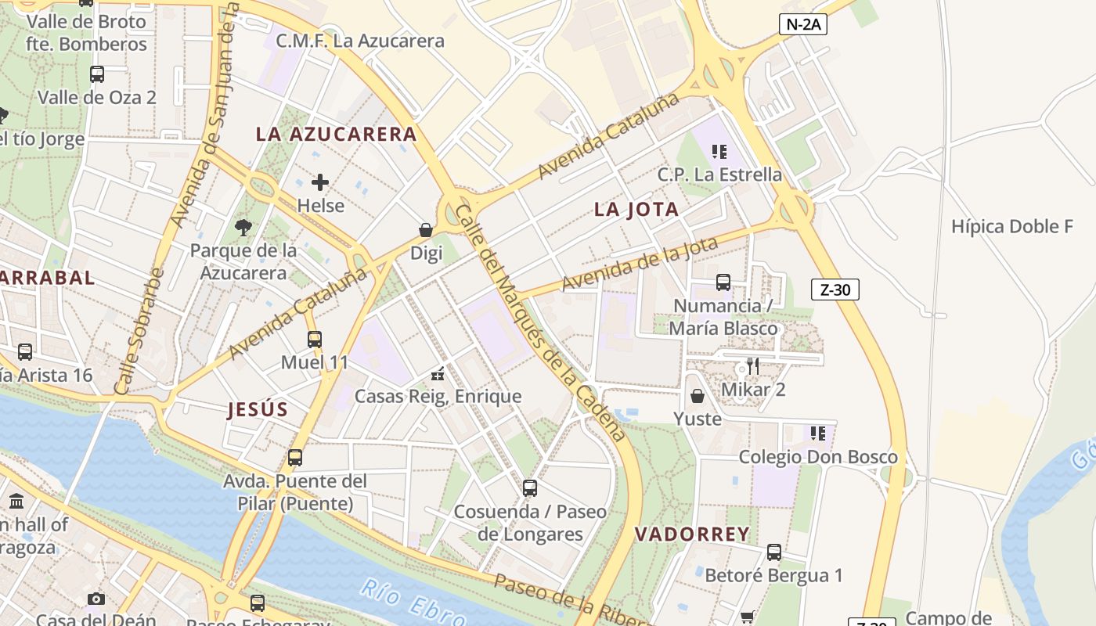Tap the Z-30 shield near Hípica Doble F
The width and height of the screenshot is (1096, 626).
point(835,290)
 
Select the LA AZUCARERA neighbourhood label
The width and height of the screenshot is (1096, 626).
point(336,134)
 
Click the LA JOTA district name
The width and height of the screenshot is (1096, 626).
point(636,210)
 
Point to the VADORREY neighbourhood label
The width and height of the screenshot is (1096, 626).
point(691,534)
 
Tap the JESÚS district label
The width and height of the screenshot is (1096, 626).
point(258,409)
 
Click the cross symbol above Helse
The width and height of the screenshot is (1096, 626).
point(320,182)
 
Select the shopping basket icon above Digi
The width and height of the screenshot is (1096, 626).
point(426,230)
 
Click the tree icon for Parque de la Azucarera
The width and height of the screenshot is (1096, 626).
point(243,228)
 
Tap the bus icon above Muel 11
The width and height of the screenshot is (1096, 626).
point(315,340)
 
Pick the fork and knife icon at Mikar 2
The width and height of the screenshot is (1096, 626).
point(752,366)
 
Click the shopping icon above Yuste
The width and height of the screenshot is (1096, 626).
point(697,397)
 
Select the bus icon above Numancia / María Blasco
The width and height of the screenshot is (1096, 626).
point(723,282)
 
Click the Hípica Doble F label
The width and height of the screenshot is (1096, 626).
point(1011,227)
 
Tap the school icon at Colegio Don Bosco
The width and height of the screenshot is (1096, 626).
point(818,434)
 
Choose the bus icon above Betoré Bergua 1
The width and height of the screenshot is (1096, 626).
point(774,552)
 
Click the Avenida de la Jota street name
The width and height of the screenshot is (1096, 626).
point(640,264)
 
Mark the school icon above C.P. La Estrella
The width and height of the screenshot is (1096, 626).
point(719,151)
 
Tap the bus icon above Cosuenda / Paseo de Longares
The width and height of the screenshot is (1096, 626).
point(530,488)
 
